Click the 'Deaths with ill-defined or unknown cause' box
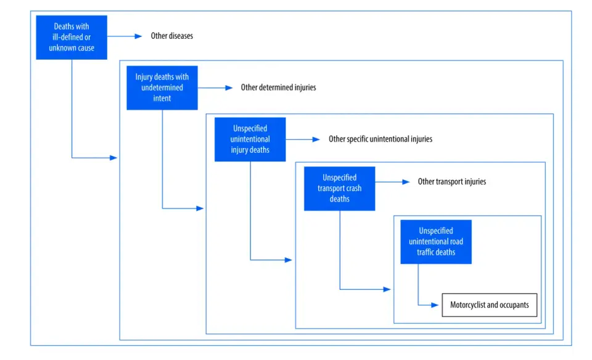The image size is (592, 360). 72,38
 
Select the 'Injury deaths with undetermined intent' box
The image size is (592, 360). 162,88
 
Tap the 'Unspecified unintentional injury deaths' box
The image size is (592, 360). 250,139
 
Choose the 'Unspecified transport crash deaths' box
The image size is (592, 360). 339,188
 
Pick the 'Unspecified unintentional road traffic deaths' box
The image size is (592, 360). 436,242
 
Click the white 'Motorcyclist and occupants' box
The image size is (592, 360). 489,305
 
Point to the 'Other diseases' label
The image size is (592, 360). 172,36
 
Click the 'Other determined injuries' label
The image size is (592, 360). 278,88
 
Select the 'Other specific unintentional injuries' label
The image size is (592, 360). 380,139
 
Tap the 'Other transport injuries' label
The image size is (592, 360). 451,181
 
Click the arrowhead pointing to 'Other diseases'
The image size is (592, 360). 138,36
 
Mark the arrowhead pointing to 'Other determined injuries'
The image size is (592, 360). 229,88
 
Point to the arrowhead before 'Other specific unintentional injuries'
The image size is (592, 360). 316,139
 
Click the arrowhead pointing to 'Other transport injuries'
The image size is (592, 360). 406,182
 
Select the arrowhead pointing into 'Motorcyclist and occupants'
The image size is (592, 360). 435,305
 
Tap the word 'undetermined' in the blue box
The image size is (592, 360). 162,88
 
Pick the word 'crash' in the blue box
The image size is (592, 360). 353,188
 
